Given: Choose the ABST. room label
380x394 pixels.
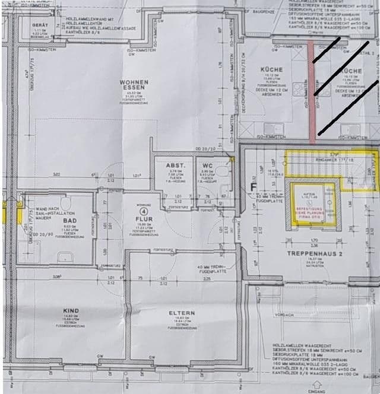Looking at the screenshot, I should click(x=171, y=166).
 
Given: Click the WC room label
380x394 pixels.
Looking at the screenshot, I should click(x=207, y=166).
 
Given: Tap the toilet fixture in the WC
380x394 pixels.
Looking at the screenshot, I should click(x=222, y=171).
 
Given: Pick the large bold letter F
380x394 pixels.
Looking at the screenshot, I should click(x=253, y=188).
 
